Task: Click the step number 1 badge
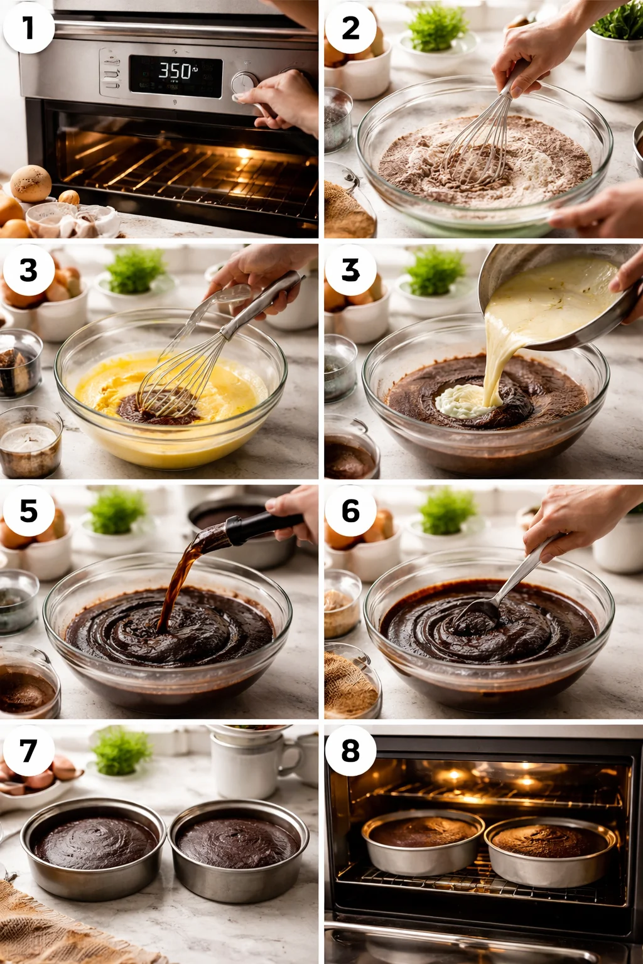click(x=28, y=28)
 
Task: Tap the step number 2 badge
click(x=350, y=28)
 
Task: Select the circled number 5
click(x=28, y=511)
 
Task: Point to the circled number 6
click(x=350, y=511)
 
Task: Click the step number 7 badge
click(x=28, y=751)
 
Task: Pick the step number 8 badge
click(x=350, y=751)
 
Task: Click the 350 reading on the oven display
click(x=175, y=71)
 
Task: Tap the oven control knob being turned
click(x=244, y=84)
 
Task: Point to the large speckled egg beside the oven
click(x=31, y=183)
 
